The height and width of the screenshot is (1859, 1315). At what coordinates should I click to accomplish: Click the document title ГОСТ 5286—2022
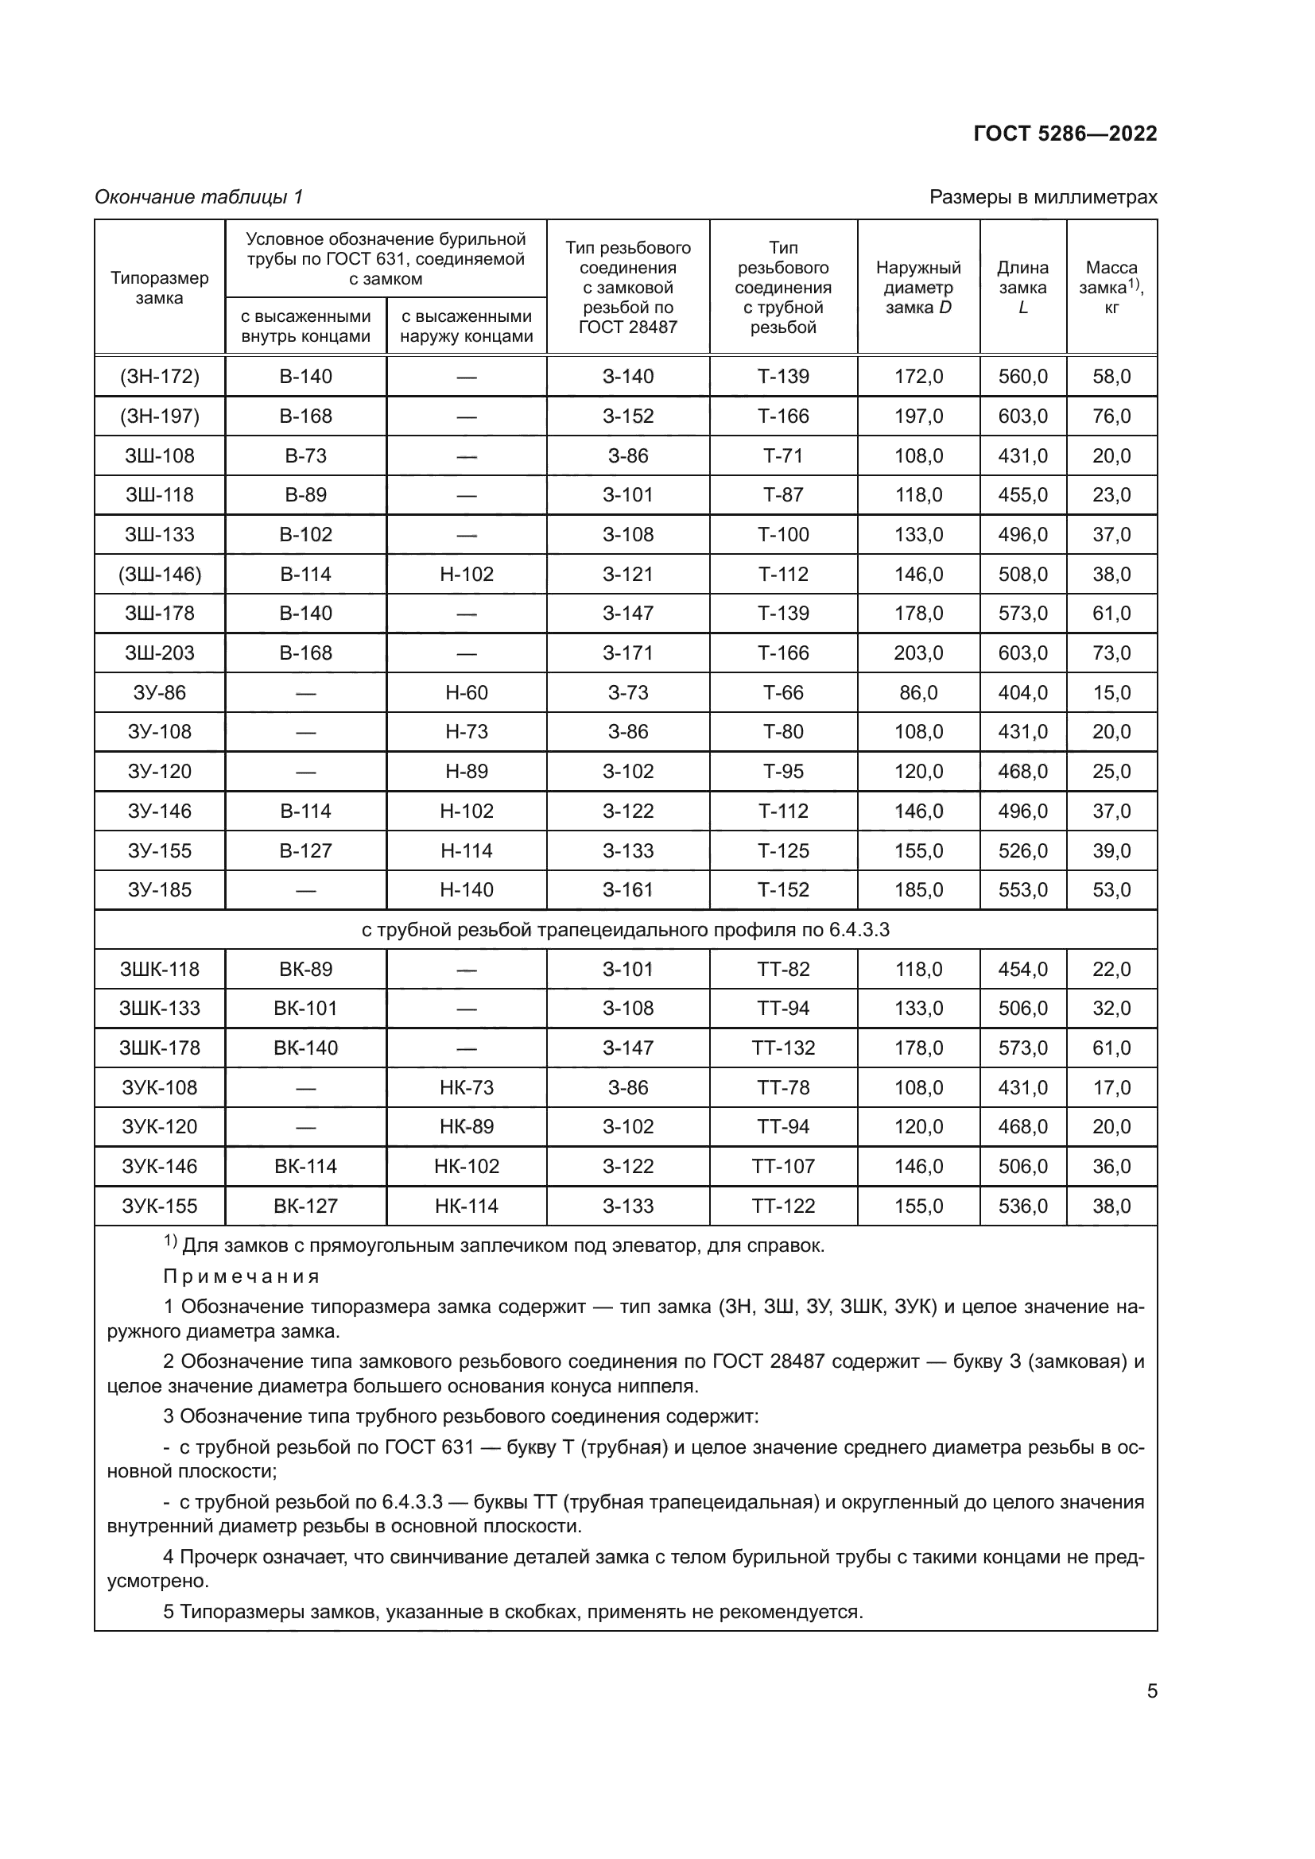(1065, 134)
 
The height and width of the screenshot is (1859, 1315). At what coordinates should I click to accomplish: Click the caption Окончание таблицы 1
(199, 197)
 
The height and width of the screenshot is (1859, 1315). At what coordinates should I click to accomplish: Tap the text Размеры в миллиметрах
(1043, 197)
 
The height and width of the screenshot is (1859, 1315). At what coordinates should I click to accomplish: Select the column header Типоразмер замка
(160, 288)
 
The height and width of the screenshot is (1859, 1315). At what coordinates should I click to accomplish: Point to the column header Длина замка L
(1022, 288)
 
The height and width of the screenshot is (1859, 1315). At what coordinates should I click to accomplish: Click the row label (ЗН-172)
(160, 377)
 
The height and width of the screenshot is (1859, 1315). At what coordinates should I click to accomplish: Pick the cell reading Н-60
(467, 692)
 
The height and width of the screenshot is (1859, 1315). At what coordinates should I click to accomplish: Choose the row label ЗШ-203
(160, 653)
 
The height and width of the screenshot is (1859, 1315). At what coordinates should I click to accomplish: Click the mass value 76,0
(1111, 416)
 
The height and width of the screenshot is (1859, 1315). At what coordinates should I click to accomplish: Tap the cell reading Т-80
(783, 732)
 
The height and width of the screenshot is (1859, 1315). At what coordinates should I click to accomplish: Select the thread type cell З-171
(627, 653)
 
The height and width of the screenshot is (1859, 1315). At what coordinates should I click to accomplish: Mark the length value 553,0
(1022, 890)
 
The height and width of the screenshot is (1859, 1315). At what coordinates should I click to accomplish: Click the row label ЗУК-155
(160, 1206)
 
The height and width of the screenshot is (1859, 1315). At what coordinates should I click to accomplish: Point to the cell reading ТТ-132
(783, 1048)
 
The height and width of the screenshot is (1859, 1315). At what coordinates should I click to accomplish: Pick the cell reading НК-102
(467, 1166)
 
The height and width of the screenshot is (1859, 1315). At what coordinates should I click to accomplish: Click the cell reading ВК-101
(305, 1008)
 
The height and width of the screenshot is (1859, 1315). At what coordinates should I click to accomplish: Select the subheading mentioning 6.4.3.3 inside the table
(625, 930)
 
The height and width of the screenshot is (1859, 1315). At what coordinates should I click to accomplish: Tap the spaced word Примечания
(242, 1277)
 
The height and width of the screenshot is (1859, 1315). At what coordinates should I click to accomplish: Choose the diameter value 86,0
(918, 692)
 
